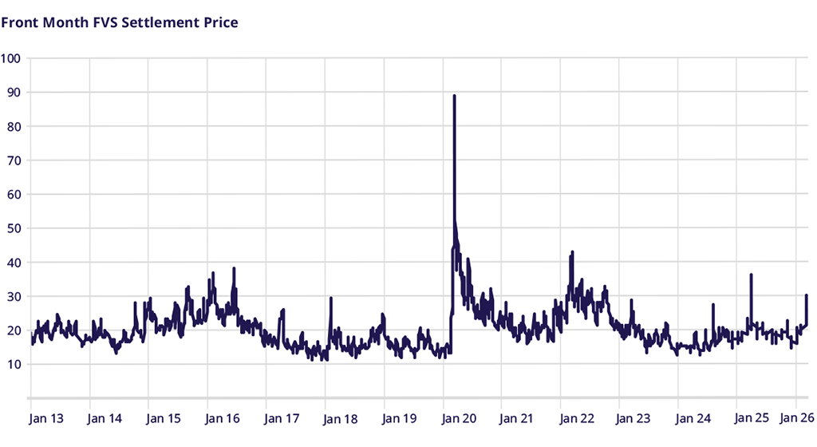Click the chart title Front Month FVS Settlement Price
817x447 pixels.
pyautogui.click(x=120, y=22)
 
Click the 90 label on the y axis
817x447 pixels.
pyautogui.click(x=12, y=93)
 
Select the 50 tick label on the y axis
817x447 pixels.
pyautogui.click(x=12, y=228)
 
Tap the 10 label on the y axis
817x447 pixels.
pyautogui.click(x=12, y=365)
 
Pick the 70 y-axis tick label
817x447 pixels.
pyautogui.click(x=12, y=160)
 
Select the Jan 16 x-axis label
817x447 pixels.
pyautogui.click(x=223, y=417)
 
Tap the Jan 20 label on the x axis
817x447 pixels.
pyautogui.click(x=459, y=417)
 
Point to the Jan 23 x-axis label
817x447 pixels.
pyautogui.click(x=635, y=417)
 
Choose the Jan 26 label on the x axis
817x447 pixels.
pyautogui.click(x=795, y=417)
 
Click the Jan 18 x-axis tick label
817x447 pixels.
pyautogui.click(x=341, y=417)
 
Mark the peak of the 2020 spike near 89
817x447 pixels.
pyautogui.click(x=454, y=96)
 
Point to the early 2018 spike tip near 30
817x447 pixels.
pyautogui.click(x=330, y=298)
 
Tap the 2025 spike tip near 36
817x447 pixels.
pyautogui.click(x=751, y=275)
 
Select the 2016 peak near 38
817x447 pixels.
pyautogui.click(x=235, y=268)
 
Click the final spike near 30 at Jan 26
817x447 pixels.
pyautogui.click(x=807, y=295)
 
